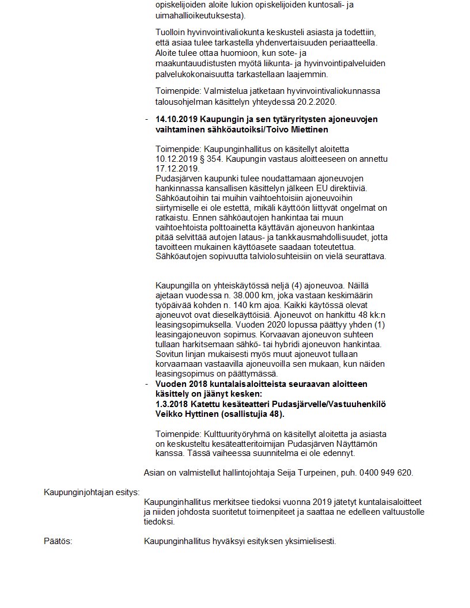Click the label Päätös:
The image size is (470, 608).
tap(58, 541)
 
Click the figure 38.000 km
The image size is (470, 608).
tap(256, 294)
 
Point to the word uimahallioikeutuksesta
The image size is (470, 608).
tap(197, 16)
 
